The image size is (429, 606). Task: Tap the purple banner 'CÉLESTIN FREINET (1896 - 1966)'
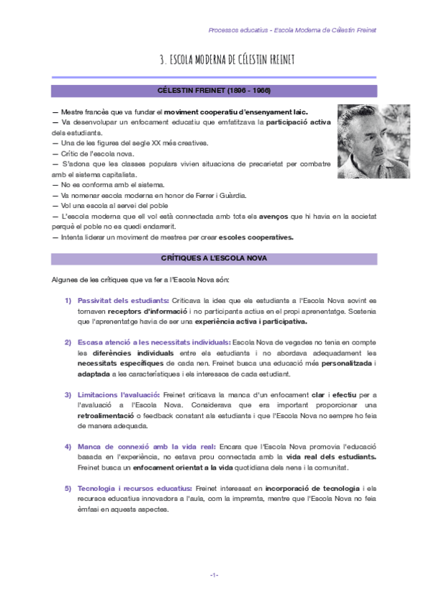tap(214, 91)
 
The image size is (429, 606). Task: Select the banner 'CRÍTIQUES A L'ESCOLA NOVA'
tap(214, 258)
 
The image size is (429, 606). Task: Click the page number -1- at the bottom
tap(214, 575)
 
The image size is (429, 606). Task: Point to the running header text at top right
tap(292, 30)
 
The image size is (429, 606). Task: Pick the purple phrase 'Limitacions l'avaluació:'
tap(118, 394)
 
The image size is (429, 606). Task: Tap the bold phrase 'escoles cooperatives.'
tap(256, 237)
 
